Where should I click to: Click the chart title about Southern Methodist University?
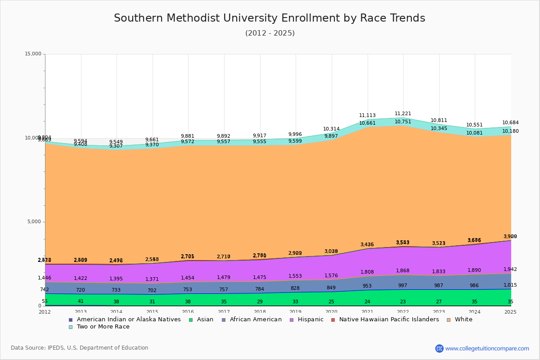click(270, 18)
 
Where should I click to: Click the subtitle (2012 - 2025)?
click(270, 33)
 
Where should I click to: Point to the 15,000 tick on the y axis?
click(32, 54)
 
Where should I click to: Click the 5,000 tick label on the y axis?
click(34, 222)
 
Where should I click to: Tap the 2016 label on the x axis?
click(188, 312)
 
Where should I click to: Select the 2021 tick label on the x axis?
click(367, 312)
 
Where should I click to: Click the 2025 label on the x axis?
click(510, 312)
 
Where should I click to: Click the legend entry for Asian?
click(201, 319)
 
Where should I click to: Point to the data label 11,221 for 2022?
click(403, 114)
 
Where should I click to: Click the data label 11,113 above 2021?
click(367, 116)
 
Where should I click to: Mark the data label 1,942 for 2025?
click(510, 270)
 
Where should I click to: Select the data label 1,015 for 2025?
click(510, 285)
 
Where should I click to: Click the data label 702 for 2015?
click(152, 291)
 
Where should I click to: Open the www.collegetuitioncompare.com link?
click(487, 348)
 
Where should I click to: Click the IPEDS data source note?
click(80, 348)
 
